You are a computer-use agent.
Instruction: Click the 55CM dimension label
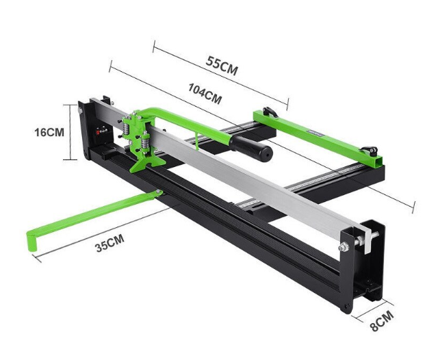222,66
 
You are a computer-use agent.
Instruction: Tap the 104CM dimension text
205,94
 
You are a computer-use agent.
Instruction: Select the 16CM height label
49,132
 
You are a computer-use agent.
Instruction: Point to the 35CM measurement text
109,243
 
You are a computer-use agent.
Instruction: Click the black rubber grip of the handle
251,148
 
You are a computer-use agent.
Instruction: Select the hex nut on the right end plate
344,247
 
